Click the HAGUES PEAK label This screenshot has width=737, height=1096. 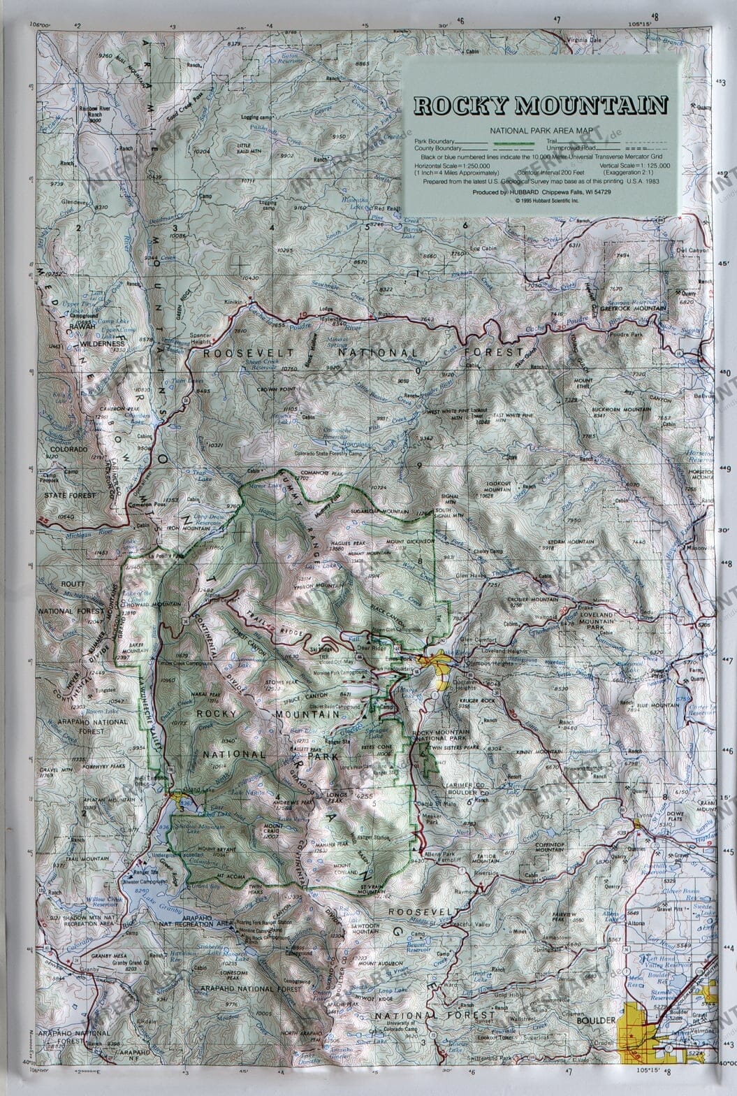click(344, 542)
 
